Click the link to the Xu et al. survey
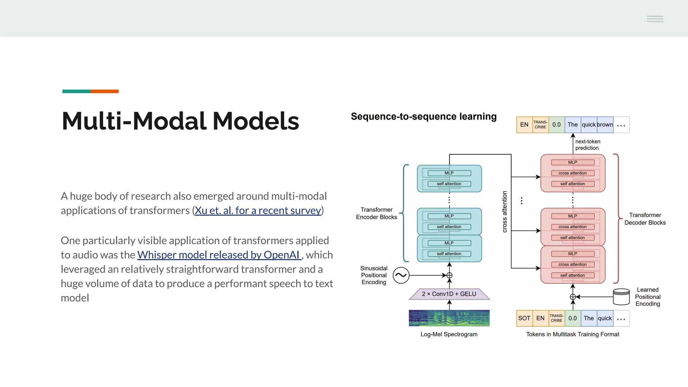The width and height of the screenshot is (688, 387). click(x=258, y=211)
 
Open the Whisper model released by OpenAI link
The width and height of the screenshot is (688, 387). click(x=218, y=255)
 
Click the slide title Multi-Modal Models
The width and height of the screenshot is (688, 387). click(x=180, y=121)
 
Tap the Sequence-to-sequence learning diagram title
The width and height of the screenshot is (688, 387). click(x=424, y=117)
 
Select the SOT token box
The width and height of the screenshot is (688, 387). click(x=524, y=318)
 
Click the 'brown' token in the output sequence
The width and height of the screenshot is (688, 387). click(x=605, y=125)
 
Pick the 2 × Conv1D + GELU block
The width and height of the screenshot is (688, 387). click(x=449, y=294)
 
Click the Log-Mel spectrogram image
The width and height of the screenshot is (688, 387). click(x=449, y=318)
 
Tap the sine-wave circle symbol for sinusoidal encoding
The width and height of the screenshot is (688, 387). click(x=401, y=275)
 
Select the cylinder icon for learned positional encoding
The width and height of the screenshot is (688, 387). click(x=621, y=297)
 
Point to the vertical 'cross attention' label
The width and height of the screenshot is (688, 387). click(x=505, y=212)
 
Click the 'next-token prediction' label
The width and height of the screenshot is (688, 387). click(x=588, y=145)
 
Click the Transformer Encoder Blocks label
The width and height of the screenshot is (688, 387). click(x=376, y=213)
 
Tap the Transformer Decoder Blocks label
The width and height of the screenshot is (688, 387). click(x=645, y=219)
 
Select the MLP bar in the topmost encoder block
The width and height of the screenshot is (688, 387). click(x=449, y=173)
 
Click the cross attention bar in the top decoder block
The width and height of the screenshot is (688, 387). click(x=572, y=173)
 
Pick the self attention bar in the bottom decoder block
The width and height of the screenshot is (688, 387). click(x=572, y=275)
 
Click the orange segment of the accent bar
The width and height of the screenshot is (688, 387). click(x=104, y=91)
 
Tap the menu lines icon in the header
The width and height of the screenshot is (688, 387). click(x=655, y=19)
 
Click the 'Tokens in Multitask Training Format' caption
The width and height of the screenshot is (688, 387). click(x=572, y=334)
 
